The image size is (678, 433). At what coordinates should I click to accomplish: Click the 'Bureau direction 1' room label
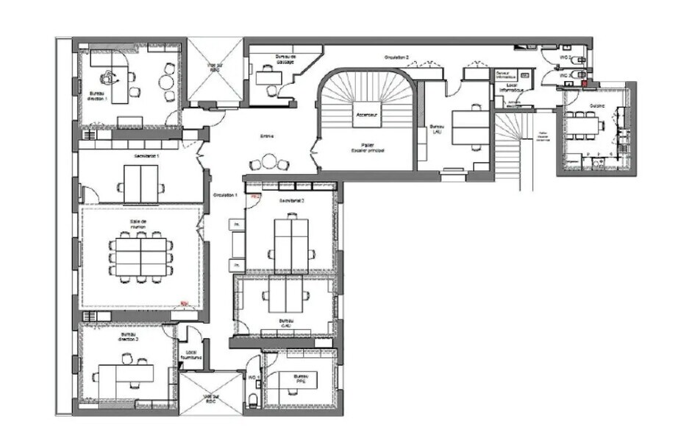(99, 95)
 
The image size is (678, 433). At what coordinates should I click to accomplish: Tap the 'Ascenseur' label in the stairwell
(366, 116)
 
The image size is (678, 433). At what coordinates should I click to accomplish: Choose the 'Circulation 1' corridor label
(224, 195)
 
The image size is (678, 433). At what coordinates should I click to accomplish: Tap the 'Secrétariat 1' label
(147, 156)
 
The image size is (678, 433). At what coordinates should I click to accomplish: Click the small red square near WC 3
(585, 82)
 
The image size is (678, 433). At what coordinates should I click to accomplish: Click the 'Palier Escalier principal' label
(368, 148)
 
